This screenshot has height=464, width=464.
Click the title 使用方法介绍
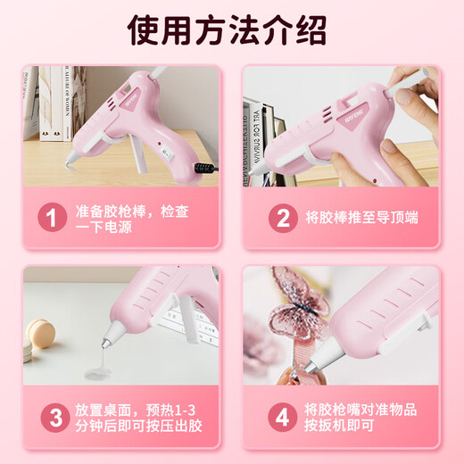(231, 32)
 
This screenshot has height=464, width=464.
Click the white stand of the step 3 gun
(188, 317)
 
